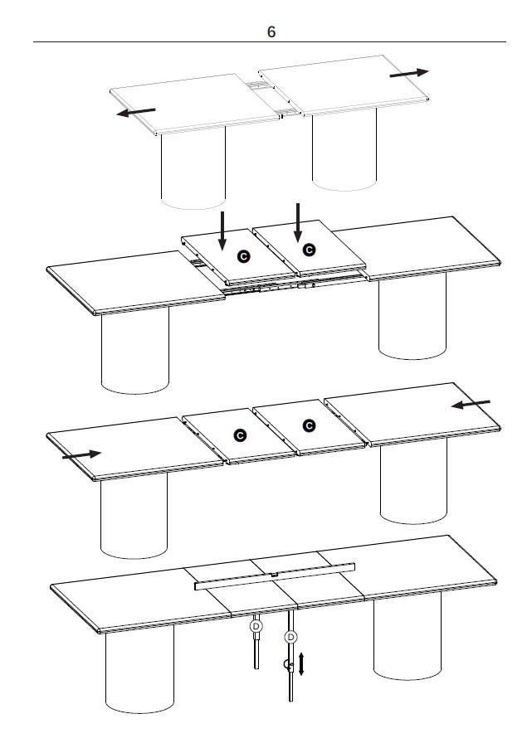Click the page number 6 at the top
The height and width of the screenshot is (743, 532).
[x=271, y=32]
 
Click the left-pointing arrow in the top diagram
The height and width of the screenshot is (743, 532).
[x=136, y=112]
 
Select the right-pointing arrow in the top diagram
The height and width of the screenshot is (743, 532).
[x=409, y=73]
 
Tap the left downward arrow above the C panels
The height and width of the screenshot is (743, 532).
[x=222, y=231]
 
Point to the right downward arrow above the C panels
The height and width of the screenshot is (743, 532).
[x=298, y=222]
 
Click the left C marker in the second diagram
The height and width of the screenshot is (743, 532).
[x=244, y=256]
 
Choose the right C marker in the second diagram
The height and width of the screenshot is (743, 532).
[x=309, y=250]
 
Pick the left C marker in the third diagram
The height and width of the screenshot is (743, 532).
[x=241, y=435]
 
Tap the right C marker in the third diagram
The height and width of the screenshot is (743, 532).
[x=309, y=425]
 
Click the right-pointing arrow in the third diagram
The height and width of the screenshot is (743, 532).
[x=81, y=455]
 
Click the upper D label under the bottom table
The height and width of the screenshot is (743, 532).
[x=256, y=626]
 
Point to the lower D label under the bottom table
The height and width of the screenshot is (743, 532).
[x=290, y=638]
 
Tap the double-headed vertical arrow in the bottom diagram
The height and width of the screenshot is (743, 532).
[x=301, y=663]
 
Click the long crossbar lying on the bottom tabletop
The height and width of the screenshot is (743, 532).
[x=275, y=576]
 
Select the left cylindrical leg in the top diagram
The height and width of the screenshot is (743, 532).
[x=193, y=168]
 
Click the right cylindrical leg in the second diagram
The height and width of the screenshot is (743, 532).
[x=412, y=316]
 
